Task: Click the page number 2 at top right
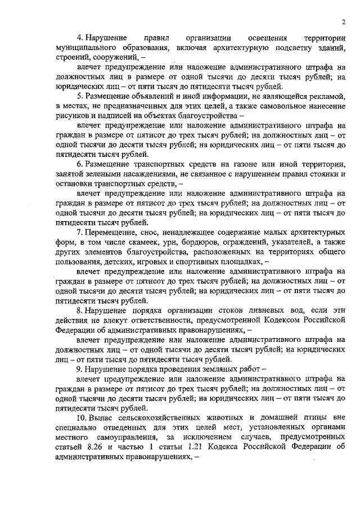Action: coord(342,22)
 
